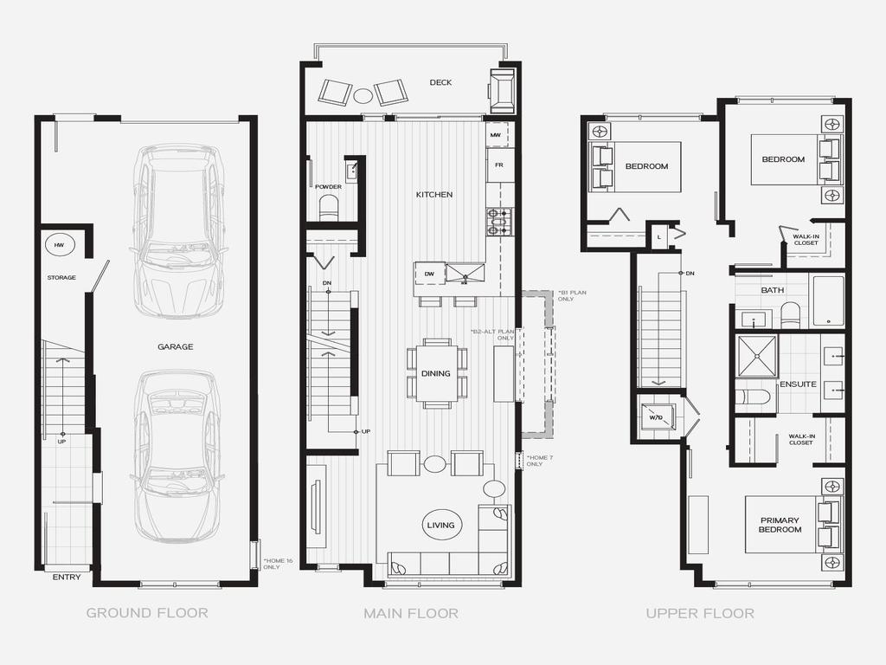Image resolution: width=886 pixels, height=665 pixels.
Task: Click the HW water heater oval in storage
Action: pos(60,245)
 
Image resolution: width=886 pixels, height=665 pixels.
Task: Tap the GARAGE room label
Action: pos(175,346)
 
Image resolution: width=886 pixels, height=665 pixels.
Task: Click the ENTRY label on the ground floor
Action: pos(67,578)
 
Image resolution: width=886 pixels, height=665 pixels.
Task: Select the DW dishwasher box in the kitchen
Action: pos(430,274)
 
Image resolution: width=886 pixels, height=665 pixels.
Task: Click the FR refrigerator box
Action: pos(499,165)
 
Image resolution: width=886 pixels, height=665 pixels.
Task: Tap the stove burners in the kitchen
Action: pos(500,222)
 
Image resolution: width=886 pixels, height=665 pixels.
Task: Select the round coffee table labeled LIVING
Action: pos(440,525)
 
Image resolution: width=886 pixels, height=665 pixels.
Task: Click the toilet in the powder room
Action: pos(328,208)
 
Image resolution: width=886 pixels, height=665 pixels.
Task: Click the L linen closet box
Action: pos(658,237)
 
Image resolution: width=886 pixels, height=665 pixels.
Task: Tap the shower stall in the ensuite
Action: pos(757,355)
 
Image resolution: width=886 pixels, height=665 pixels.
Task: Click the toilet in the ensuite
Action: pos(753,397)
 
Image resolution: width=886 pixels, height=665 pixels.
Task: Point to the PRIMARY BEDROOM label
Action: pos(780,525)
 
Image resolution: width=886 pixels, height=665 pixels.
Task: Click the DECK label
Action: pos(440,82)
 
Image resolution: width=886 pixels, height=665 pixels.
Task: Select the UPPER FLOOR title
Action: pos(699,613)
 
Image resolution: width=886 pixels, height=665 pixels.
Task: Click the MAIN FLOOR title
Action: pos(411,613)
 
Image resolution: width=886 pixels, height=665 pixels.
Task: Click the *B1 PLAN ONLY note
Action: pos(572,295)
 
